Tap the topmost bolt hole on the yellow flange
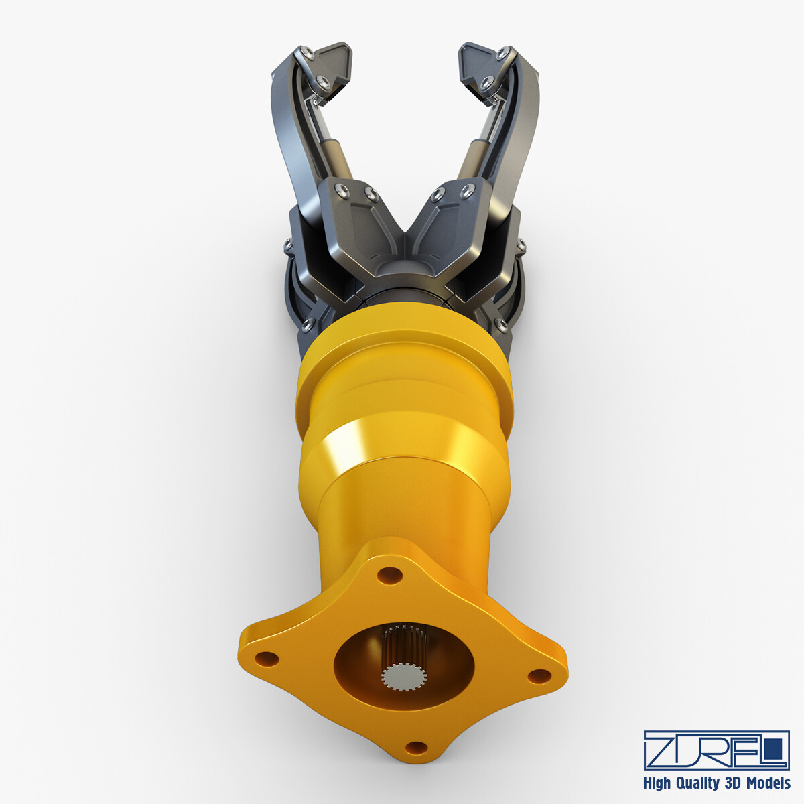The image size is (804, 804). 389,575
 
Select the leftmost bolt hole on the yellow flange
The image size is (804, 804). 267,659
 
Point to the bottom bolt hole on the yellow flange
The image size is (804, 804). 417,747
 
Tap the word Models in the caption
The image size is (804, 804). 766,783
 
